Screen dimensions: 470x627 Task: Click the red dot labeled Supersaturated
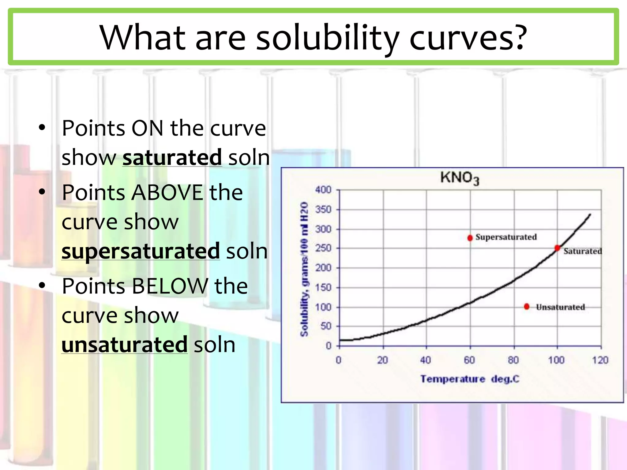click(470, 238)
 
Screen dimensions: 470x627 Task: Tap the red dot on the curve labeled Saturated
click(558, 248)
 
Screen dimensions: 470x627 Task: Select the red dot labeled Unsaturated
click(527, 306)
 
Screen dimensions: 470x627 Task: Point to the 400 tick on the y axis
click(323, 190)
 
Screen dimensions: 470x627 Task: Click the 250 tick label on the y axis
click(323, 248)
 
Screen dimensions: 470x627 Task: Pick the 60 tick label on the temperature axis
click(469, 360)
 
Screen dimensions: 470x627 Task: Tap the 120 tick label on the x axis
click(600, 360)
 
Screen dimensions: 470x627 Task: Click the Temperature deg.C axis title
click(470, 379)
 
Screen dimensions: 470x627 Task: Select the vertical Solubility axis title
click(304, 269)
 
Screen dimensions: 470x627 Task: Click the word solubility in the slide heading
click(327, 38)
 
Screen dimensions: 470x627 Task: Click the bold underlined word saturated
click(172, 158)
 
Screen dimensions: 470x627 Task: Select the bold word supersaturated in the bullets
click(141, 251)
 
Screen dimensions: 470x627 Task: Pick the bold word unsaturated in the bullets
click(124, 345)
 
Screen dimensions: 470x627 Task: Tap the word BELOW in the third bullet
click(170, 286)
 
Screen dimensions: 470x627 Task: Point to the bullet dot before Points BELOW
click(42, 285)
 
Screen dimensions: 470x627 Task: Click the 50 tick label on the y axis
click(326, 326)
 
